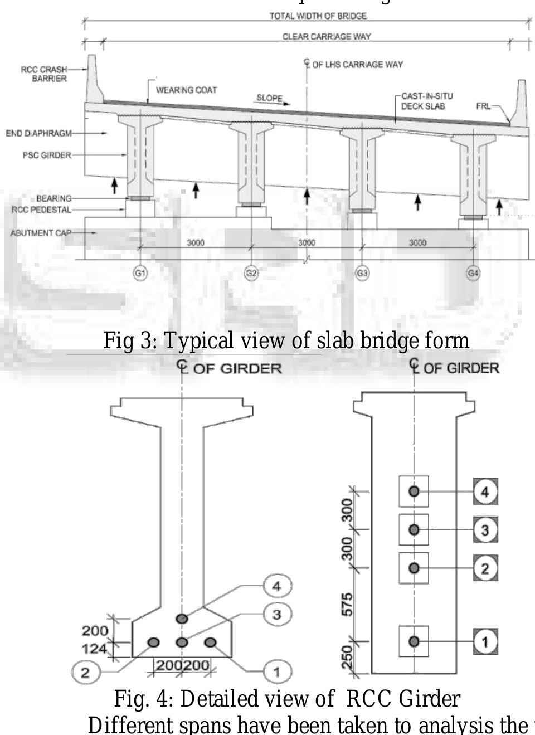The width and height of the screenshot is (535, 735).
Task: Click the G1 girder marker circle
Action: (140, 273)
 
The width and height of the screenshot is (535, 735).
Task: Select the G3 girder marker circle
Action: (362, 273)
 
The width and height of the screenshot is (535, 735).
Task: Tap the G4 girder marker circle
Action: (473, 273)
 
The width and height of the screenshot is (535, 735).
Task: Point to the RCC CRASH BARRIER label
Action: (45, 74)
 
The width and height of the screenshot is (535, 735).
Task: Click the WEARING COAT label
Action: (186, 90)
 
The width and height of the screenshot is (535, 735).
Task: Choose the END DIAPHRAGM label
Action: (39, 133)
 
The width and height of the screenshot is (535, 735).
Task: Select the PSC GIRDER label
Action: (47, 155)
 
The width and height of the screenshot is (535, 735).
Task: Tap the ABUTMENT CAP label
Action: (41, 233)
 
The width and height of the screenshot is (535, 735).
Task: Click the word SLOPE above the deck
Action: (269, 98)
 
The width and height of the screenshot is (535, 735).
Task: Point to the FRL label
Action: (483, 106)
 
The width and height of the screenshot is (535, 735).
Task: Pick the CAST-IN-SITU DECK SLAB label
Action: (427, 101)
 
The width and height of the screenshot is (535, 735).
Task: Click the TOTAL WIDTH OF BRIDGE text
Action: (318, 16)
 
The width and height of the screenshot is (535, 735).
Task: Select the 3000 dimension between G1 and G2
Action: (196, 242)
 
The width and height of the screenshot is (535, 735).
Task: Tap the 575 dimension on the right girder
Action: (347, 605)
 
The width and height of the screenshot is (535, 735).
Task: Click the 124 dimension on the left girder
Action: (95, 648)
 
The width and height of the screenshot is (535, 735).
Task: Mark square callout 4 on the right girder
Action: (485, 492)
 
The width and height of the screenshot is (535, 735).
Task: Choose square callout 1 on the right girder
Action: (485, 641)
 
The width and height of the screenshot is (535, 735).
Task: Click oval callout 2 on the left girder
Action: (85, 672)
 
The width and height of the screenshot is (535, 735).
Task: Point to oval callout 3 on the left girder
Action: (276, 614)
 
